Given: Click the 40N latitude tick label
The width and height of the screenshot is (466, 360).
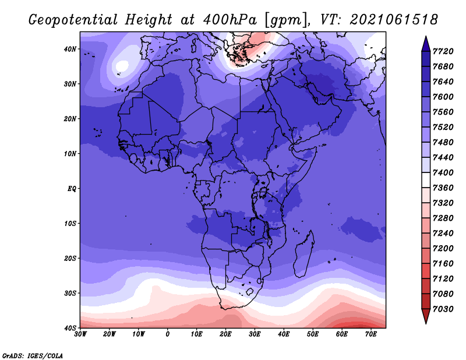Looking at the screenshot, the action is (x=70, y=49).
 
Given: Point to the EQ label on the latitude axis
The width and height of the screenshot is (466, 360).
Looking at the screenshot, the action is (x=72, y=189).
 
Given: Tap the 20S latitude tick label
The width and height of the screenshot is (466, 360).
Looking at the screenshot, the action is (x=70, y=258).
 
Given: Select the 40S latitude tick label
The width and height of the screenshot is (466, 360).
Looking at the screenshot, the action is (x=70, y=328).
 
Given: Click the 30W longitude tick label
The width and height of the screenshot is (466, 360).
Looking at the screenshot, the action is (x=80, y=334).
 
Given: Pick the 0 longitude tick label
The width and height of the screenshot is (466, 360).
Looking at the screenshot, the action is (x=168, y=334).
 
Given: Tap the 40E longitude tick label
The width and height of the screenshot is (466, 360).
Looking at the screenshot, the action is (x=284, y=334).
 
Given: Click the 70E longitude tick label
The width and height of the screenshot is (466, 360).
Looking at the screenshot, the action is (x=371, y=334).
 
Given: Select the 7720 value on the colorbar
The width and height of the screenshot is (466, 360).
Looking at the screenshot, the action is (x=443, y=51).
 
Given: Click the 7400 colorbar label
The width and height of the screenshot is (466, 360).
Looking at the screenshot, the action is (x=443, y=172).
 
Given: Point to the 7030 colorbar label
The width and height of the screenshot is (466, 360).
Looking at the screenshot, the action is (x=443, y=309).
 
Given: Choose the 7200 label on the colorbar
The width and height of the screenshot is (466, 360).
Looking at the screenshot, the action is (x=443, y=249).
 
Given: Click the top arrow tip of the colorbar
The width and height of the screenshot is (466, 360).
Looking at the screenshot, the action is (x=426, y=36).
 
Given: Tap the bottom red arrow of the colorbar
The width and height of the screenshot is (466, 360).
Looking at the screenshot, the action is (x=426, y=316).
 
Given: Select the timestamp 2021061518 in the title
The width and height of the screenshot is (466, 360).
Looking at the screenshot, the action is (x=394, y=20).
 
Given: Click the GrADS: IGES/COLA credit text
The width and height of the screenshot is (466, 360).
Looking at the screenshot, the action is (x=33, y=356).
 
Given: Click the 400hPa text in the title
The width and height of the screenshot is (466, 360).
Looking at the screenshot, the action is (x=230, y=20).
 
